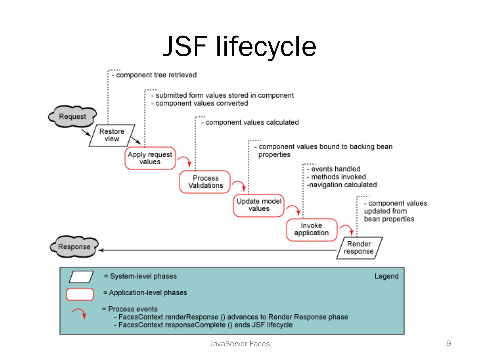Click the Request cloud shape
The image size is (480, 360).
tap(72, 117)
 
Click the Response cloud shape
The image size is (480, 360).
tap(74, 247)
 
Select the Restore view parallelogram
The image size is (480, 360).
tap(112, 135)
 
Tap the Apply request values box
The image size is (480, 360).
tap(150, 158)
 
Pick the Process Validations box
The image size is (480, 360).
tap(205, 182)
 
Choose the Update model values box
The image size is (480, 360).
tap(259, 205)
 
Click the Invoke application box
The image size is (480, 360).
tap(312, 229)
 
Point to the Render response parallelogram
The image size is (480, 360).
tap(359, 248)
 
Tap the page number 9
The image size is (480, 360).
tap(449, 343)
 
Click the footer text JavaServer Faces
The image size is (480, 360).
tap(239, 344)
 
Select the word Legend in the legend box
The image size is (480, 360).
tap(386, 276)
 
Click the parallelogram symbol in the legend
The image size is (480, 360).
tap(81, 277)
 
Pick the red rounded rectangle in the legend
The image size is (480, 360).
tap(80, 294)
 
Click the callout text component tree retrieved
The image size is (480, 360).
tap(156, 75)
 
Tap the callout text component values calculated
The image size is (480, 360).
tap(252, 122)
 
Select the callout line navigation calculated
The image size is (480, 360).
tap(342, 185)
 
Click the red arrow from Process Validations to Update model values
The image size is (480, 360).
tap(239, 185)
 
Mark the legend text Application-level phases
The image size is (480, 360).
tap(145, 293)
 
